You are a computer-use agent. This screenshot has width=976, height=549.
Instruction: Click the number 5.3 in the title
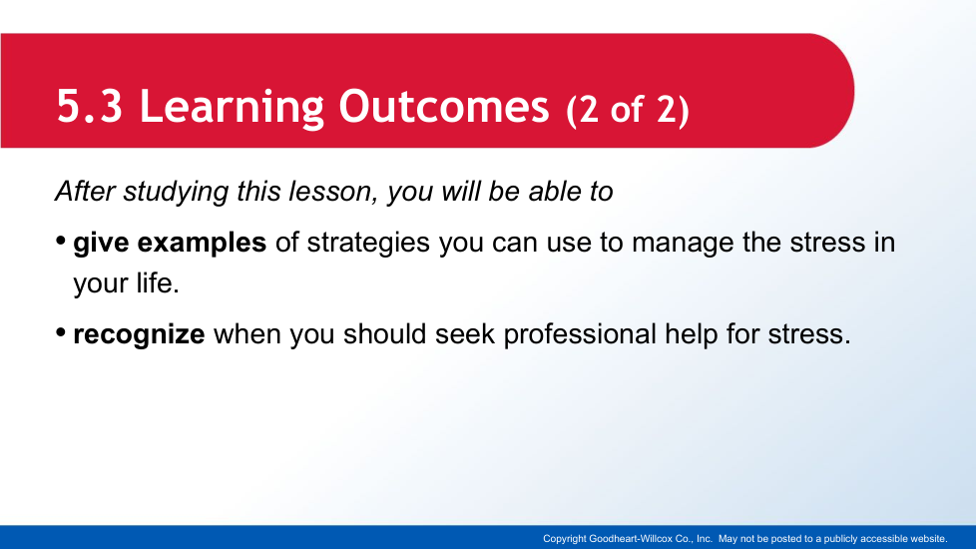pyautogui.click(x=90, y=106)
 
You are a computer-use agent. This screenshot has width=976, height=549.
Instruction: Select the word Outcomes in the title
pyautogui.click(x=444, y=106)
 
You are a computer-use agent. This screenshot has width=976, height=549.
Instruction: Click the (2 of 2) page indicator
pyautogui.click(x=628, y=110)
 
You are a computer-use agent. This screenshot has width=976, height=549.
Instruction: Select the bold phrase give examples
pyautogui.click(x=170, y=243)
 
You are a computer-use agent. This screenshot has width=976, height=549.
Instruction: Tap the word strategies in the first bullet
pyautogui.click(x=368, y=243)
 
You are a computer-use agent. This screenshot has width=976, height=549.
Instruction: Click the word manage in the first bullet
pyautogui.click(x=683, y=244)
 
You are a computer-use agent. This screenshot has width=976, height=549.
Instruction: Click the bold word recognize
pyautogui.click(x=139, y=334)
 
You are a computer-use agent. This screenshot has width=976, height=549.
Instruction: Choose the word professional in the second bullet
pyautogui.click(x=580, y=334)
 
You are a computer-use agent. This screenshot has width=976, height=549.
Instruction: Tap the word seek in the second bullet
pyautogui.click(x=464, y=333)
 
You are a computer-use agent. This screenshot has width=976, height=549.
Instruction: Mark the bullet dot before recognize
pyautogui.click(x=61, y=332)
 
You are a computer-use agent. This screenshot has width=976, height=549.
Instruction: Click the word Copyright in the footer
pyautogui.click(x=565, y=539)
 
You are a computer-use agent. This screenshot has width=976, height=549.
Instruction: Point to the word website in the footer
pyautogui.click(x=928, y=538)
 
